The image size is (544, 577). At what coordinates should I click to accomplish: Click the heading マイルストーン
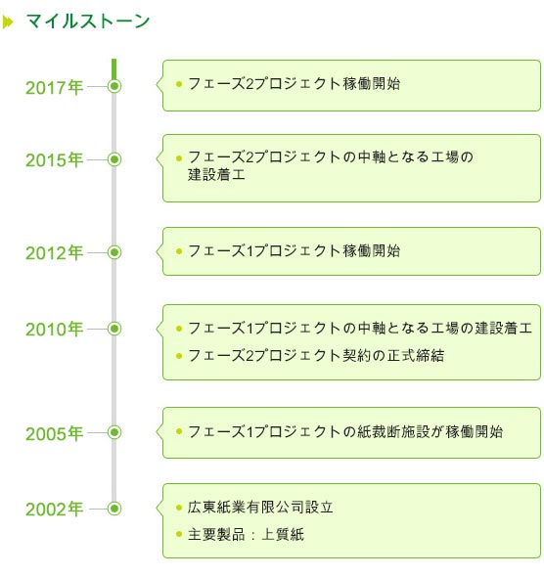pos(88,21)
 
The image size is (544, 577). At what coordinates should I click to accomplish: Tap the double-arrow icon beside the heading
pos(8,22)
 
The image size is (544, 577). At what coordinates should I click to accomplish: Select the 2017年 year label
pos(54,88)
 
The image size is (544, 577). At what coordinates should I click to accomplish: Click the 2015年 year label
pos(54,160)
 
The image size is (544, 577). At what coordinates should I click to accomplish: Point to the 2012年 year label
pos(54,253)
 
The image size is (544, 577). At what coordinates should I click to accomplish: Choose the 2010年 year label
pos(54,329)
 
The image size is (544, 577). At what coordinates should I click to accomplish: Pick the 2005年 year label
pos(54,433)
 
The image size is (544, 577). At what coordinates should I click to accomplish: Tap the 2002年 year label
pos(54,510)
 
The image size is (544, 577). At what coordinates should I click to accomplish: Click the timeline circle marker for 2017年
pos(114,86)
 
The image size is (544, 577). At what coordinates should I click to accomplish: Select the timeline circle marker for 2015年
pos(114,159)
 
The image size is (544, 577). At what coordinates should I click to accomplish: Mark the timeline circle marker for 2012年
pos(114,252)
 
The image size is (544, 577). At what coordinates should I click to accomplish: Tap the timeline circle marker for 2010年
pos(114,329)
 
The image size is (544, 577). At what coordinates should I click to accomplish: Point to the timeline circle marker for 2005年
pos(114,432)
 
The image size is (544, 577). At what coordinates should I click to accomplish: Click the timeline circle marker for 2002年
pos(114,509)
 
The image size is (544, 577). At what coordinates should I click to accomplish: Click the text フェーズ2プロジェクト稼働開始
pos(295,84)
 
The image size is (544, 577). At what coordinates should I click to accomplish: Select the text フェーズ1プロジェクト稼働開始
pos(295,251)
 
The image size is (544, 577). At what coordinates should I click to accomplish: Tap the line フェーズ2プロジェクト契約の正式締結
pos(316,355)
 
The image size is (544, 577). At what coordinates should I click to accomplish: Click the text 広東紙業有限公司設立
pos(260,508)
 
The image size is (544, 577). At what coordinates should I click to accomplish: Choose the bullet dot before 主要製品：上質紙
pos(179,534)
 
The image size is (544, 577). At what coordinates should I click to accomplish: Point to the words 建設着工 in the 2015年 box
pos(216,174)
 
